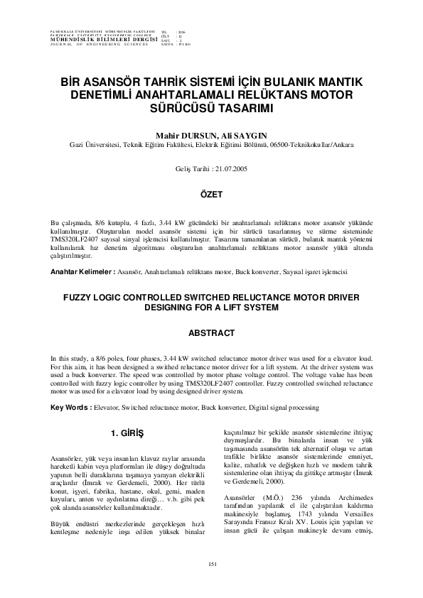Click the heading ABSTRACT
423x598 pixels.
(211, 332)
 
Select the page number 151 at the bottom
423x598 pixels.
(211, 563)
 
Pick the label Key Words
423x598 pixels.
(70, 407)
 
